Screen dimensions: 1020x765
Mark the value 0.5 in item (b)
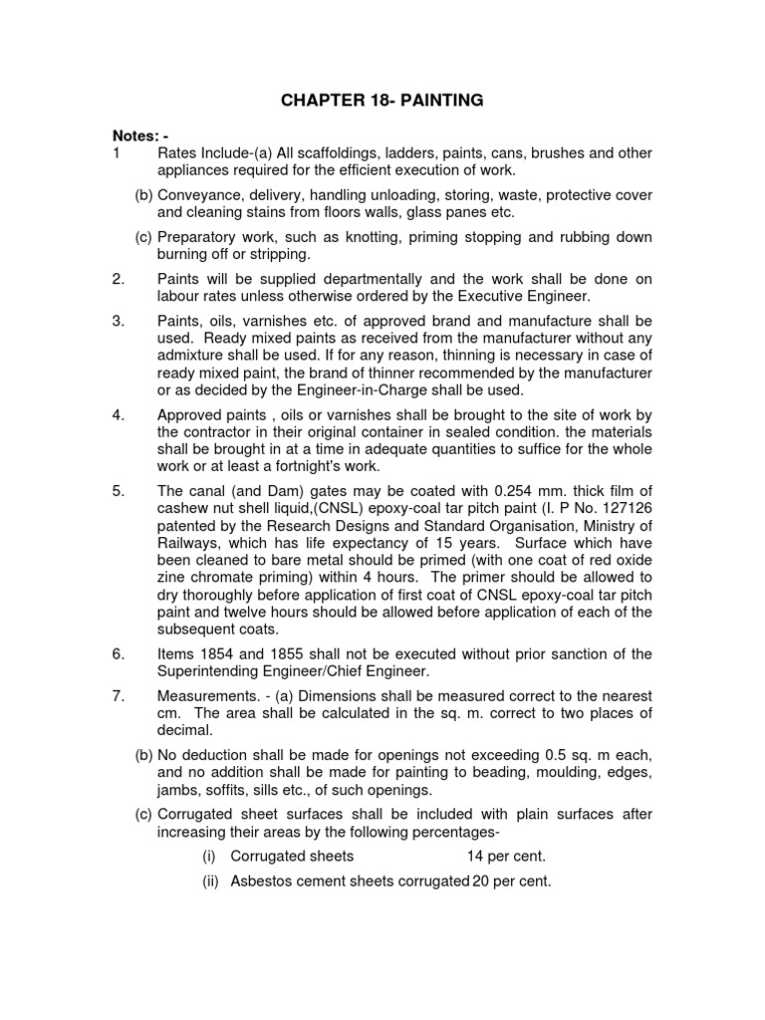549,754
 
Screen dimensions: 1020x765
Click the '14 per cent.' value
506,857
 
